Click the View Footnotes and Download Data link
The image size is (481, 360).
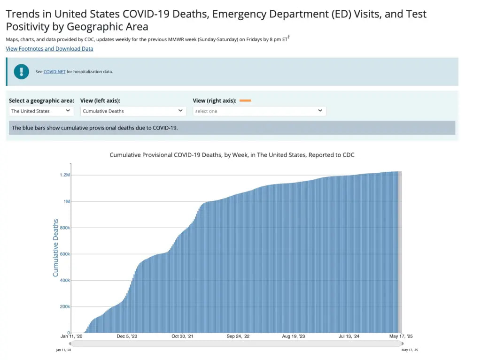(x=49, y=49)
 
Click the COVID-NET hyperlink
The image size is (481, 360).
(x=54, y=72)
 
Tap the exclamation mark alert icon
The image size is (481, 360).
(x=22, y=71)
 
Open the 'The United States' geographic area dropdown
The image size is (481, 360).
(x=41, y=111)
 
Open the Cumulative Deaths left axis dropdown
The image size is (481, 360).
(x=133, y=111)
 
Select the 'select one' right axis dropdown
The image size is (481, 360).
(x=259, y=111)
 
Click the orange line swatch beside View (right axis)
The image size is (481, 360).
(x=245, y=100)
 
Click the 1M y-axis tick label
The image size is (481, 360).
(x=66, y=201)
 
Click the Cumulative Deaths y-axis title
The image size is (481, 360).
(x=55, y=247)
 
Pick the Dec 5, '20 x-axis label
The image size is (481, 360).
(x=127, y=337)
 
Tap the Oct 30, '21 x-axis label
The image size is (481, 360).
(x=182, y=337)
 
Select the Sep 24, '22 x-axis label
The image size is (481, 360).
(x=238, y=337)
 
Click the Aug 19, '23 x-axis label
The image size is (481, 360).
(x=293, y=337)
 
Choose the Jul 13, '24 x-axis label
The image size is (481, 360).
(x=349, y=337)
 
